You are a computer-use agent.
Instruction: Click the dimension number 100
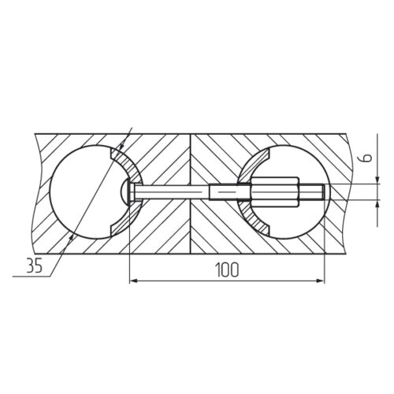227,269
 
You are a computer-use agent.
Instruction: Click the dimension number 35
35,266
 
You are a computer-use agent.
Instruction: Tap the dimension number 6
368,158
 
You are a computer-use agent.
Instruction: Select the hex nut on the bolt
275,192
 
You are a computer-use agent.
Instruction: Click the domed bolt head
125,192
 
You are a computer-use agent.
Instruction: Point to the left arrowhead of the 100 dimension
134,281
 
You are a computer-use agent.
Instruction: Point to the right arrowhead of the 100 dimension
321,281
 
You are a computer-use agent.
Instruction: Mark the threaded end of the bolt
311,192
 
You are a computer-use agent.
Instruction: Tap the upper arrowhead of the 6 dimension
377,180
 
